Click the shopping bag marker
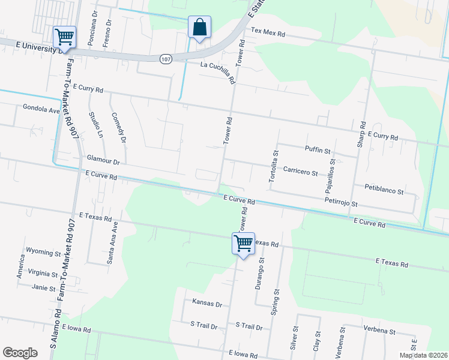click(x=199, y=27)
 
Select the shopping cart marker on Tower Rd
click(x=243, y=244)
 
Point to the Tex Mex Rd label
click(x=268, y=31)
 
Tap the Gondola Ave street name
click(x=41, y=110)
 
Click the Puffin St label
click(x=318, y=150)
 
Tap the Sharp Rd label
click(x=361, y=136)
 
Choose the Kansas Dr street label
click(x=207, y=304)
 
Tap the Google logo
click(x=20, y=353)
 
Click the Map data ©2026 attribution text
click(x=423, y=355)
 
